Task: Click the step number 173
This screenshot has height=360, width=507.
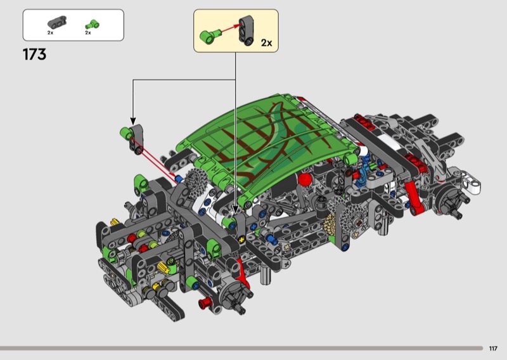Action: [x=34, y=55]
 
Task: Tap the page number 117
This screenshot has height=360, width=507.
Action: [x=493, y=349]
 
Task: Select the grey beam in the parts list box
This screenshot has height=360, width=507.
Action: [x=57, y=22]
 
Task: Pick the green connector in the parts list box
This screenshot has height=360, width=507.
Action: [x=92, y=25]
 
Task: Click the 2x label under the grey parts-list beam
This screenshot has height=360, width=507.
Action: [x=50, y=33]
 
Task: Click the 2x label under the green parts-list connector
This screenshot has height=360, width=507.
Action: [x=88, y=33]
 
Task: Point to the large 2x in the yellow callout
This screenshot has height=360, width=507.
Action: [x=266, y=42]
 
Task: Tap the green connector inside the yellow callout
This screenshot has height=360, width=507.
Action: [x=209, y=35]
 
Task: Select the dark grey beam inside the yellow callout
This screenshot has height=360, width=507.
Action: [x=247, y=30]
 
